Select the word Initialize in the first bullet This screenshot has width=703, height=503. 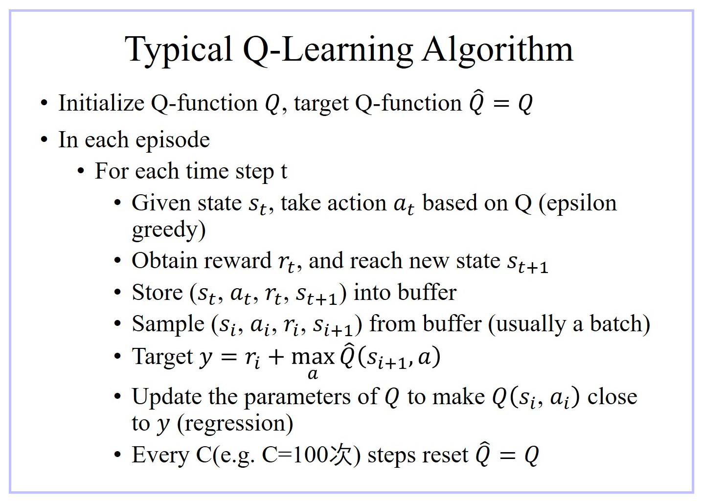pos(101,103)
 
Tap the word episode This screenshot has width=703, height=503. pos(173,140)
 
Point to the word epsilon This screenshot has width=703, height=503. pos(581,204)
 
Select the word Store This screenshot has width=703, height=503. pos(157,293)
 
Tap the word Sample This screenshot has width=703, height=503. pos(168,325)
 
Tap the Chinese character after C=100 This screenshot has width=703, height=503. pos(340,455)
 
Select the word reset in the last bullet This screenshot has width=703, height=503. pos(449,456)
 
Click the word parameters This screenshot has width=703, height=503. pos(297,397)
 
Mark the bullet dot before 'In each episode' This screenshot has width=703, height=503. pos(44,139)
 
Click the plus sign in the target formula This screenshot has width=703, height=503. pos(276,357)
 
